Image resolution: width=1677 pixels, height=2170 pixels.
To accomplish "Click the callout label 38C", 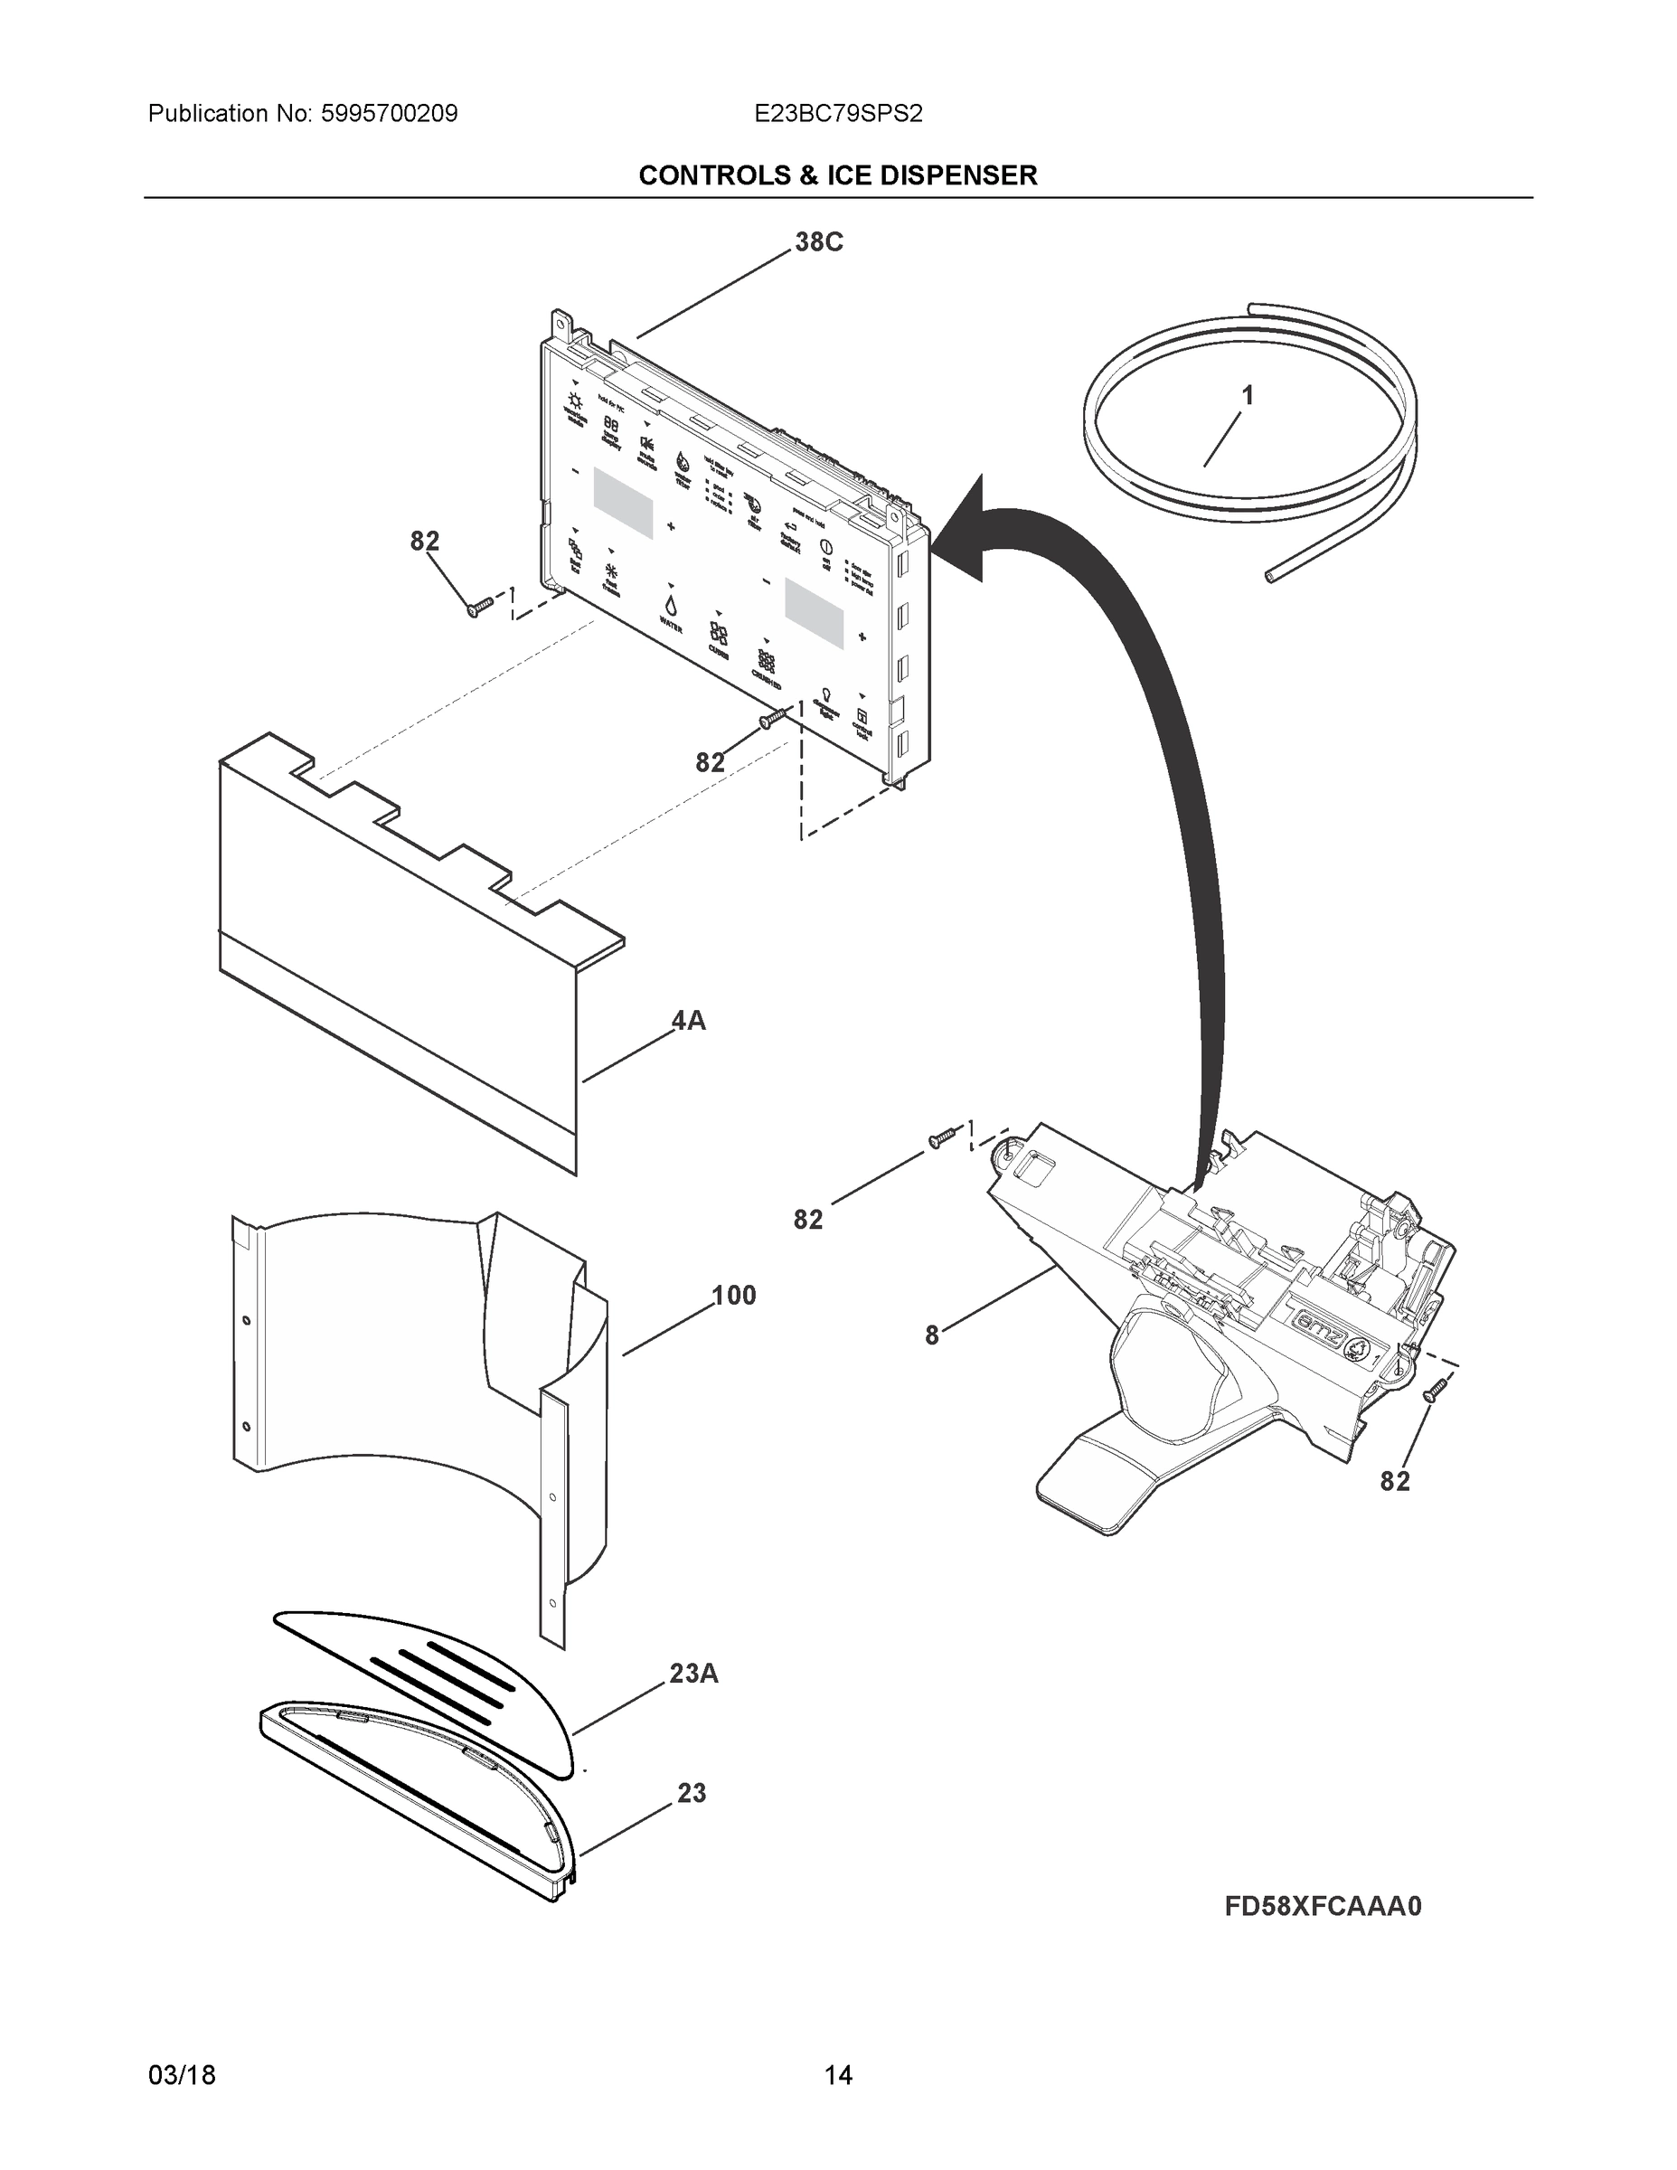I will pyautogui.click(x=819, y=242).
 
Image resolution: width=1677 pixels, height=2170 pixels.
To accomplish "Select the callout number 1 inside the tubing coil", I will pyautogui.click(x=1247, y=396).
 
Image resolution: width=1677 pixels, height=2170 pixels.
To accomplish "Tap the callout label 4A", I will pyautogui.click(x=689, y=1021).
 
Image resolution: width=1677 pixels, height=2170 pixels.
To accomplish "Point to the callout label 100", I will pyautogui.click(x=733, y=1296).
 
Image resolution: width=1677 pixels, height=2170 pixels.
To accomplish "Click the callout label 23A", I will pyautogui.click(x=693, y=1675).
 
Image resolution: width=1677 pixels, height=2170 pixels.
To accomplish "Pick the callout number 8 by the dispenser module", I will pyautogui.click(x=931, y=1336).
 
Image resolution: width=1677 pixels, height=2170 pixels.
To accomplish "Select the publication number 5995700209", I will pyautogui.click(x=389, y=114).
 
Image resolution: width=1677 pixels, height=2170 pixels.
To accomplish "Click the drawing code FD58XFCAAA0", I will pyautogui.click(x=1323, y=1907).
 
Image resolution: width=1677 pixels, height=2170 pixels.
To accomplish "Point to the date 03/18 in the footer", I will pyautogui.click(x=182, y=2076).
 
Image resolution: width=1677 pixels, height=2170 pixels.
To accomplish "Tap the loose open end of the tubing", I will pyautogui.click(x=1271, y=576).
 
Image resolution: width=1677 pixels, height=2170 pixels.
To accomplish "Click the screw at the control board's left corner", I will pyautogui.click(x=478, y=607).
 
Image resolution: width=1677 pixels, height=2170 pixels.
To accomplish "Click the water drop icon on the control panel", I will pyautogui.click(x=671, y=605).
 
